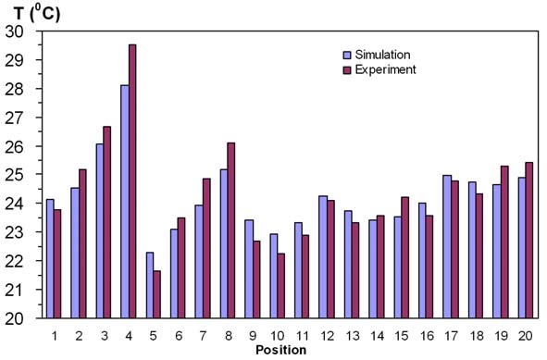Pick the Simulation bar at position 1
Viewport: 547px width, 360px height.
pyautogui.click(x=50, y=258)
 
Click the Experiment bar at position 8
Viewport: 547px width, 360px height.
pyautogui.click(x=231, y=230)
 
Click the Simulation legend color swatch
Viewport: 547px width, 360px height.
pyautogui.click(x=347, y=55)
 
